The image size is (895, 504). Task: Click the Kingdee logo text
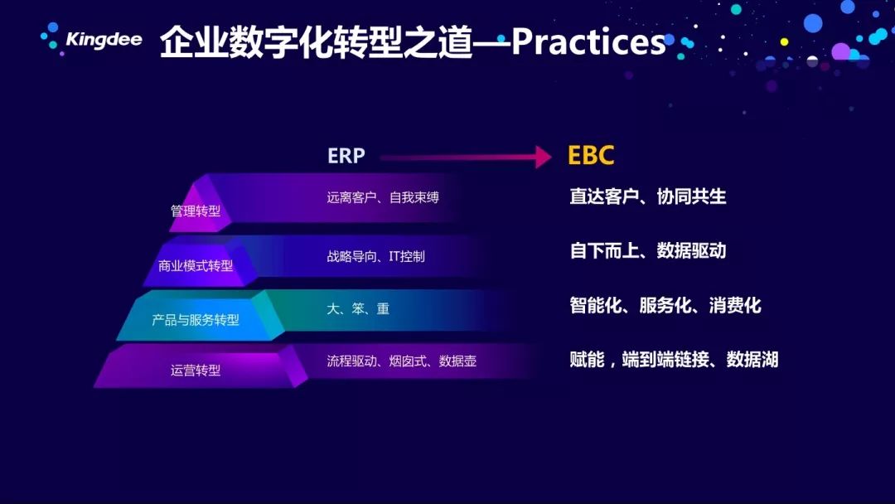click(104, 40)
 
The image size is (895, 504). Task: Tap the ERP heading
click(346, 156)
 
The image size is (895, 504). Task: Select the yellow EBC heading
click(591, 155)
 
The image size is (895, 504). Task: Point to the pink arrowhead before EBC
click(543, 157)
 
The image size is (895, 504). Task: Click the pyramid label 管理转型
click(196, 211)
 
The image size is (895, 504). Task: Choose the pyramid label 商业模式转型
click(196, 265)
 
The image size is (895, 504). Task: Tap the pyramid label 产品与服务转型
click(196, 320)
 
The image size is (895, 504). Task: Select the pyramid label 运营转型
click(196, 371)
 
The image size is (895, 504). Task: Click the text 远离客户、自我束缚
click(383, 197)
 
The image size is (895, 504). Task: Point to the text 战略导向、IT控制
click(375, 256)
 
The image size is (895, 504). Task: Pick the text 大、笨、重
click(358, 309)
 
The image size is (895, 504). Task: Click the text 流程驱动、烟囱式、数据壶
click(401, 361)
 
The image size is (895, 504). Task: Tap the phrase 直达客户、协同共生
click(648, 196)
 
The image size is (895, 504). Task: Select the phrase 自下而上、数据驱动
click(648, 250)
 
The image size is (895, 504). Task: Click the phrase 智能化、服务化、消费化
click(665, 305)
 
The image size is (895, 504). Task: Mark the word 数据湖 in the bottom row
click(752, 360)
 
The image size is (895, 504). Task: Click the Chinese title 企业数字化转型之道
click(317, 42)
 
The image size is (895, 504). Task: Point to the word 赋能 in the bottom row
click(587, 360)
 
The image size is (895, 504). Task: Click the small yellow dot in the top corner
click(784, 41)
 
